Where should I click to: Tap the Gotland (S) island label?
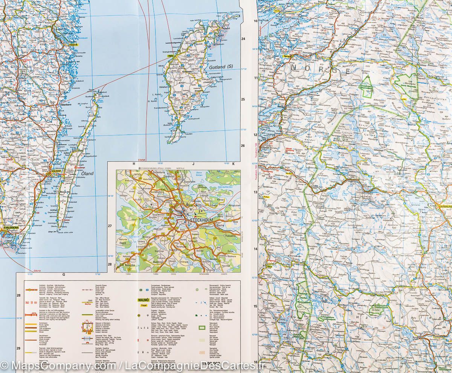[221, 67]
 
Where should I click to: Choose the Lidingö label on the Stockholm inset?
[205, 196]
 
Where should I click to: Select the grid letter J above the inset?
[192, 164]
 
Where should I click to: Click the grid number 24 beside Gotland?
[243, 39]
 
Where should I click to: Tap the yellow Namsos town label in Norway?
[287, 56]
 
